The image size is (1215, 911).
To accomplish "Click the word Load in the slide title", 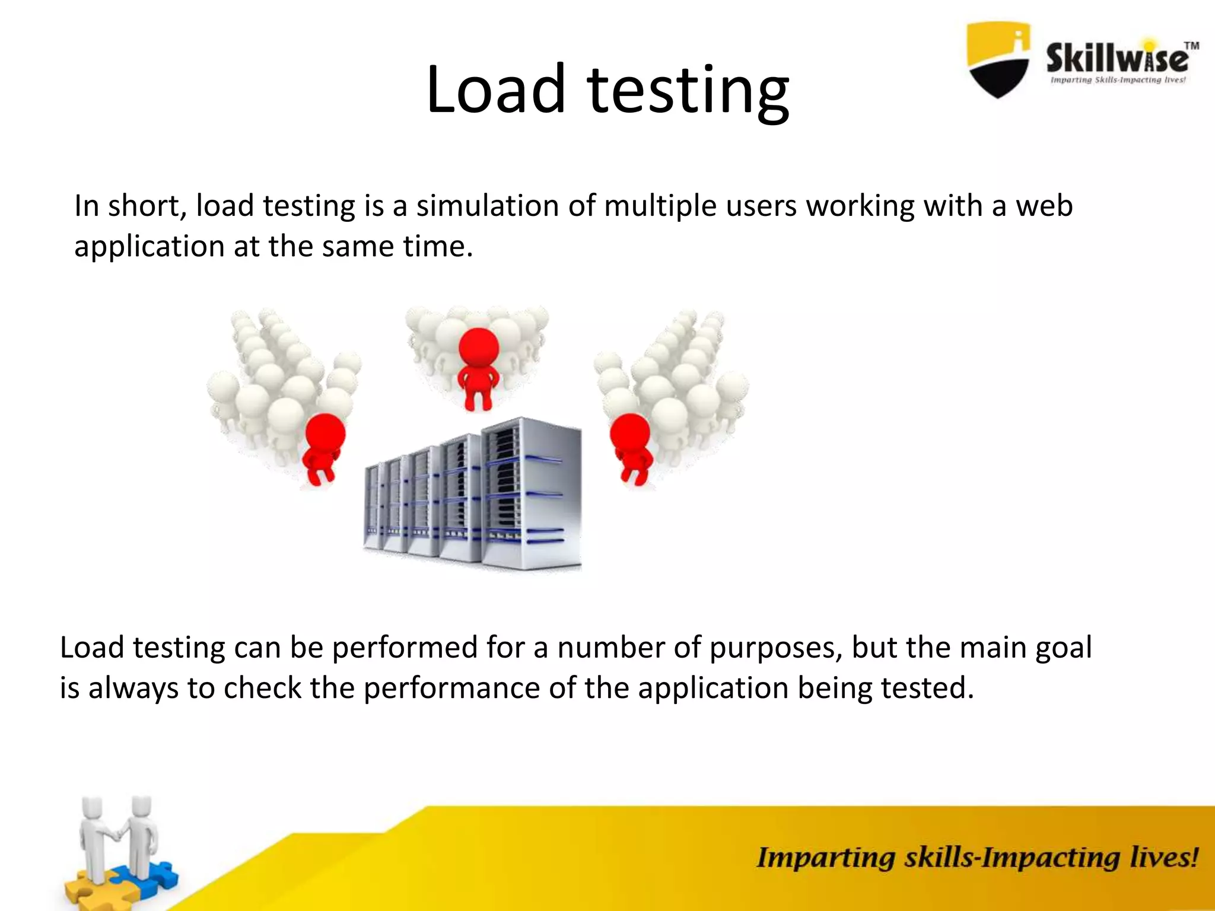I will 495,90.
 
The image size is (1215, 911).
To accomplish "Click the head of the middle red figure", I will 478,347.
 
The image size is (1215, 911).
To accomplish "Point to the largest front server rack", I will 532,492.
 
